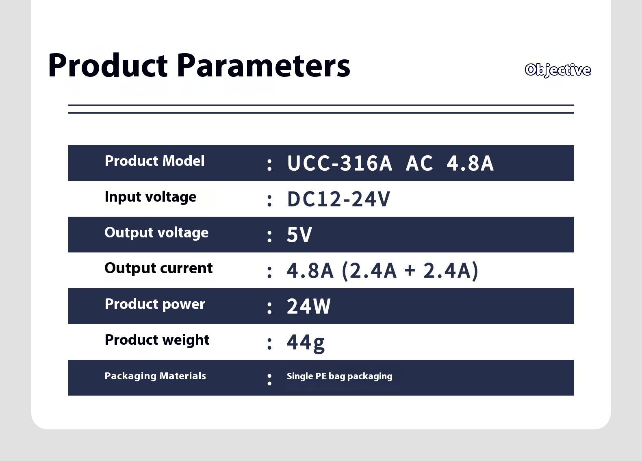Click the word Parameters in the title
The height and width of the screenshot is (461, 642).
[263, 65]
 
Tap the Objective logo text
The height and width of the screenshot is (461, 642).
[558, 70]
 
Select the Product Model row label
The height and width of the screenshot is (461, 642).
[154, 161]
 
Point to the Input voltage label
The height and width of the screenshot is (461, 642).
[150, 197]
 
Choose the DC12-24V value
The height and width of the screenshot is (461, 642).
[338, 199]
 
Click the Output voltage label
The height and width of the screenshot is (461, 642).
[156, 233]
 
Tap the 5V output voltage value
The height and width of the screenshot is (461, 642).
[299, 235]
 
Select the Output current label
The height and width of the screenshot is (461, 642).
[158, 268]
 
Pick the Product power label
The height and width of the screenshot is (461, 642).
[155, 304]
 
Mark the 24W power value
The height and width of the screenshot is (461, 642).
[309, 307]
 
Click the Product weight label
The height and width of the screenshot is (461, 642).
[157, 340]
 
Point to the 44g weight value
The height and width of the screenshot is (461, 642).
[306, 343]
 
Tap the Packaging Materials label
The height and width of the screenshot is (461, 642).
[155, 376]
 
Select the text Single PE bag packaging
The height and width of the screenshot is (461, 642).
[339, 376]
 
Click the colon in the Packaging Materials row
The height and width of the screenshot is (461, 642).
[269, 380]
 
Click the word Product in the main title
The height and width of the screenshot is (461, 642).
[108, 65]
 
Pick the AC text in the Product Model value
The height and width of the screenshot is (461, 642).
[419, 163]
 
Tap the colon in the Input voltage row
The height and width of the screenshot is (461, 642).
[269, 200]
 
